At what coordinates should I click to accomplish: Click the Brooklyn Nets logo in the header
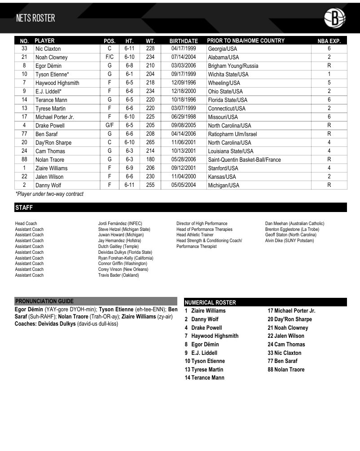[x=334, y=18]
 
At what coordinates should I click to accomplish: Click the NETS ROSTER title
[x=35, y=18]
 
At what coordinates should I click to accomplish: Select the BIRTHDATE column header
[x=184, y=41]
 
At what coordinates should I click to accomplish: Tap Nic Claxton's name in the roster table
[x=48, y=49]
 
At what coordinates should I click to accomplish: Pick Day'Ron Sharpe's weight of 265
[x=150, y=142]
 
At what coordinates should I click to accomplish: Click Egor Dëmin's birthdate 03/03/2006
[x=184, y=66]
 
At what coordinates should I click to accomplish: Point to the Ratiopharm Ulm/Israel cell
[x=232, y=134]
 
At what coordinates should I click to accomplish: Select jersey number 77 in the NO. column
[x=24, y=134]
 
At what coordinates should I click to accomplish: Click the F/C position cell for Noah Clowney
[x=110, y=57]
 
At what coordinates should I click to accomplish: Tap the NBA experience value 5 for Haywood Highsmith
[x=329, y=83]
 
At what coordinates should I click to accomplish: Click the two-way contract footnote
[x=49, y=194]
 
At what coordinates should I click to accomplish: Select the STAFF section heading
[x=24, y=208]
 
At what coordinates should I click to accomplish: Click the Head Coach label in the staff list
[x=26, y=223]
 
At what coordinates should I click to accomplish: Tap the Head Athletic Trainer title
[x=195, y=235]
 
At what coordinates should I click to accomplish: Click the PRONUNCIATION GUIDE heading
[x=44, y=301]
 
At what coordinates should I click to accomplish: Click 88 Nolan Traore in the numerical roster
[x=286, y=370]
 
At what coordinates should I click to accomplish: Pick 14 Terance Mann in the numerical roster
[x=204, y=378]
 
